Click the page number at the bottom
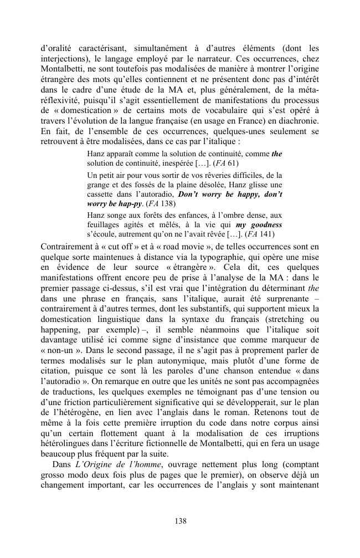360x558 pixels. click(x=180, y=520)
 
